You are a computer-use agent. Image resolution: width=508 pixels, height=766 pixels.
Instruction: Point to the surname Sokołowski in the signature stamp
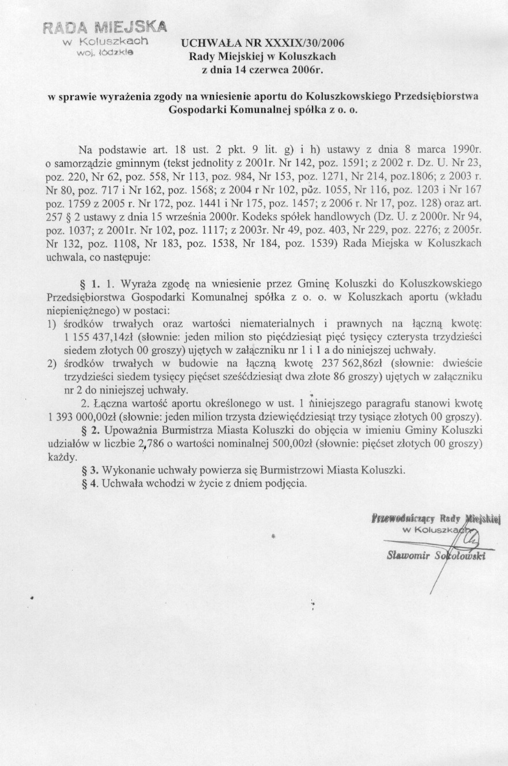pos(461,556)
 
